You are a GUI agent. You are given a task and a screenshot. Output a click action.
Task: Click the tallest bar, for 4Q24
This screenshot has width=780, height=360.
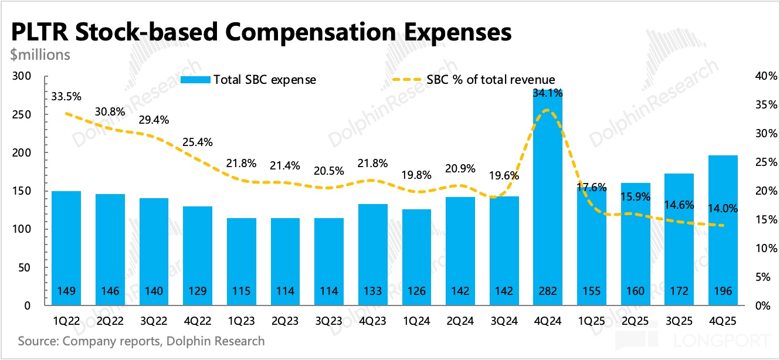tap(548, 199)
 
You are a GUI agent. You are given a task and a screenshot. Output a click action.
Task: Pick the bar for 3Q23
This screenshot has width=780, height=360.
tap(329, 261)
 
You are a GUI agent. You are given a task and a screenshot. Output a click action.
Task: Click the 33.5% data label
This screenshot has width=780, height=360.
tap(66, 96)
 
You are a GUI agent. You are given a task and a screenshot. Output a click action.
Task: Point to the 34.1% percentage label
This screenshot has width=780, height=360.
tap(548, 93)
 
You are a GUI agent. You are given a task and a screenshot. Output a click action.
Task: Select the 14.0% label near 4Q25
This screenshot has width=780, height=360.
tap(723, 209)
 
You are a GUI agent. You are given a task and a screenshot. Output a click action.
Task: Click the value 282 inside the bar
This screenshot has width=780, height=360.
tap(548, 291)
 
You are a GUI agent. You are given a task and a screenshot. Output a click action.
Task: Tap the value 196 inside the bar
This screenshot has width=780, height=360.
tap(723, 291)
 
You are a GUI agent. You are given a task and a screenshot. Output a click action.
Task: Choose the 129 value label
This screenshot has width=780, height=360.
tap(198, 291)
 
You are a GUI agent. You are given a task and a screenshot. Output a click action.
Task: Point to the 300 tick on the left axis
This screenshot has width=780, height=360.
tap(22, 76)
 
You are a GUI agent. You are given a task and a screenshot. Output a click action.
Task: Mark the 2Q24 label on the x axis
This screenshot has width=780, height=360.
tap(460, 321)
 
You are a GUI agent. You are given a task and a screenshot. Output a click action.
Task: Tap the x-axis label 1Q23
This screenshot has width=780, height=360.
tap(241, 321)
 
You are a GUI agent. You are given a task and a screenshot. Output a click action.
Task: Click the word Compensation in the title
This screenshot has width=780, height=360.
tap(319, 32)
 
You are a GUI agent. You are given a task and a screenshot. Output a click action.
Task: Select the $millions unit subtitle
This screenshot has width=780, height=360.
tap(40, 55)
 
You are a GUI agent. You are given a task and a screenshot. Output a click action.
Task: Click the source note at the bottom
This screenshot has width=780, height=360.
tap(141, 341)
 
